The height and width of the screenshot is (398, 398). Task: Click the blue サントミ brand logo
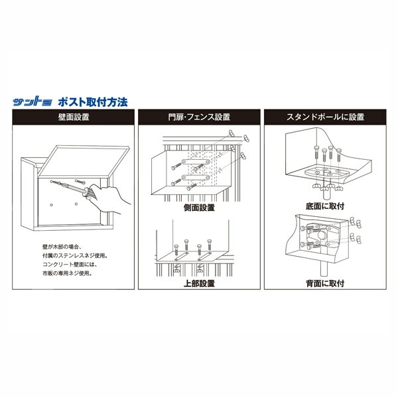pos(33,103)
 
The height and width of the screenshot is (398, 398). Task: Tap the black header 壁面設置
pos(74,117)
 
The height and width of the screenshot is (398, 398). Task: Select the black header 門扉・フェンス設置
pos(199,117)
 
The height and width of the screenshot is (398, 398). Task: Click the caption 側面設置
pos(199,207)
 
